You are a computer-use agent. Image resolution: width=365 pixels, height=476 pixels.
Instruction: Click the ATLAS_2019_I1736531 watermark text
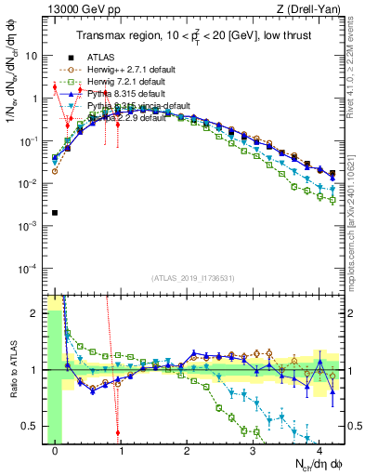pos(194,277)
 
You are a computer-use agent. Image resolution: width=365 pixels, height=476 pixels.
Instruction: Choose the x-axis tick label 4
pos(319,451)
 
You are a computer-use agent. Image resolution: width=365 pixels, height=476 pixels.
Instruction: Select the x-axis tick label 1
pos(122,451)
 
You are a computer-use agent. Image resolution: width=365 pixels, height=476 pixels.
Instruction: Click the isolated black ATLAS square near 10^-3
pos(56,213)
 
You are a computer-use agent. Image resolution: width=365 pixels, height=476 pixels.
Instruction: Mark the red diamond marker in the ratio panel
pos(118,432)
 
